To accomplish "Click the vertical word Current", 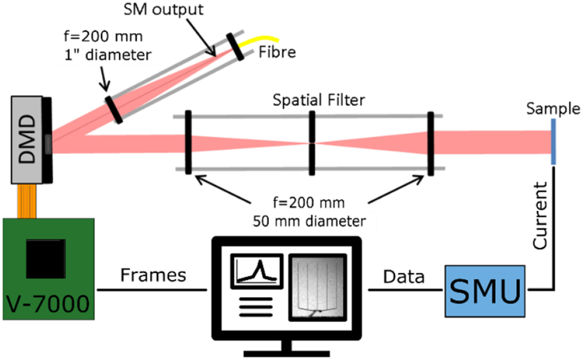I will (541, 215).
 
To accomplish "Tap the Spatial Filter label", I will (319, 100).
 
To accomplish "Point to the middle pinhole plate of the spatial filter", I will (312, 142).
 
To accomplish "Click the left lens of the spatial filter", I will (188, 142).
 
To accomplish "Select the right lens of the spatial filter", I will (430, 143).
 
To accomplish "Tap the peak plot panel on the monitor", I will (257, 272).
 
